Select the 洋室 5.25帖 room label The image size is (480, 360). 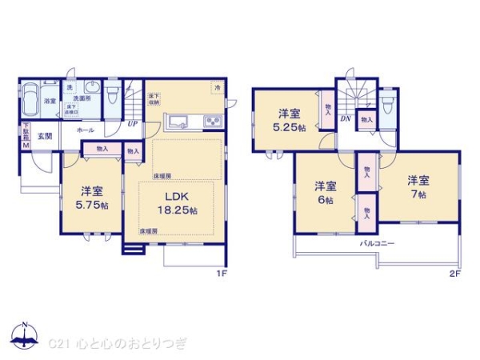click(287, 119)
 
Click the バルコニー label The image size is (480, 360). click(376, 242)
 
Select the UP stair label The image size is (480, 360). click(132, 124)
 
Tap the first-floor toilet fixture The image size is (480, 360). click(113, 96)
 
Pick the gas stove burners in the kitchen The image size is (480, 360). click(214, 122)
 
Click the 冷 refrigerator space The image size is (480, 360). click(217, 86)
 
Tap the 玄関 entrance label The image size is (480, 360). click(45, 136)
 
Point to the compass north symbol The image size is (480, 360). click(24, 334)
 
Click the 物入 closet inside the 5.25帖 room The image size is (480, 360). click(328, 106)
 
